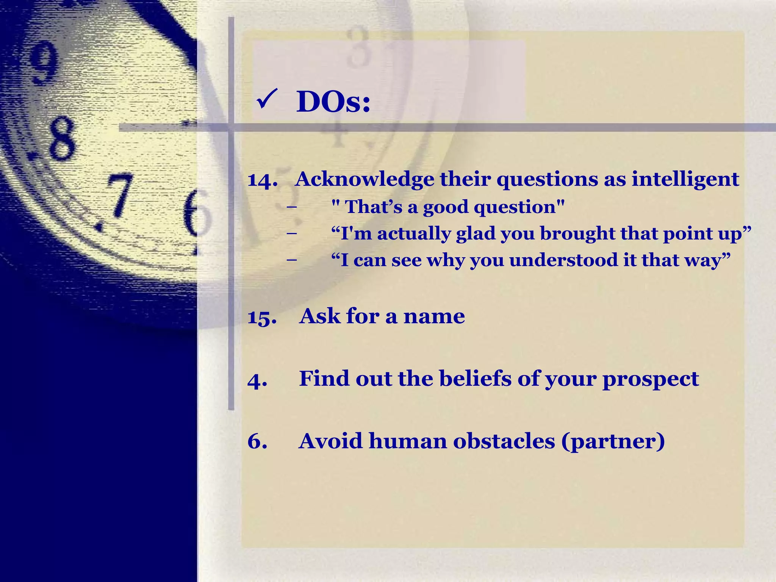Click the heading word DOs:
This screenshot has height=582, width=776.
333,102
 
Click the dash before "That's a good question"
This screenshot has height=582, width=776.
292,207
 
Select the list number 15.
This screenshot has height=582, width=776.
262,317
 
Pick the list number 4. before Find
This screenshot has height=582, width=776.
257,380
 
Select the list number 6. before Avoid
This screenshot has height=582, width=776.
257,442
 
